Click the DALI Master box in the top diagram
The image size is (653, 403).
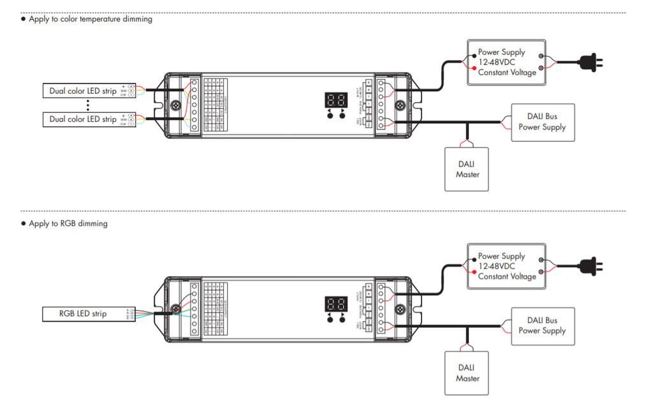pyautogui.click(x=467, y=169)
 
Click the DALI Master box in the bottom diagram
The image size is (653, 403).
pyautogui.click(x=467, y=373)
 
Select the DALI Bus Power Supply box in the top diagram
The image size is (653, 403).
pyautogui.click(x=542, y=122)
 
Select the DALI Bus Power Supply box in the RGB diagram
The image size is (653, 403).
pyautogui.click(x=542, y=326)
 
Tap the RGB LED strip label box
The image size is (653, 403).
pyautogui.click(x=83, y=314)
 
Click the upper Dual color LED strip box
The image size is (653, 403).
pyautogui.click(x=83, y=91)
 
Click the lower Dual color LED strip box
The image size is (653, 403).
pyautogui.click(x=83, y=119)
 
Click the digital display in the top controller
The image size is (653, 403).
pyautogui.click(x=336, y=100)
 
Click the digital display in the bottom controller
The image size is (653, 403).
pyautogui.click(x=336, y=304)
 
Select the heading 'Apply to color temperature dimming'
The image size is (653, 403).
pyautogui.click(x=91, y=19)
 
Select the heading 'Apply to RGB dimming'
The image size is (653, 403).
pyautogui.click(x=68, y=224)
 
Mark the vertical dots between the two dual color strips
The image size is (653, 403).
pyautogui.click(x=87, y=105)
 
